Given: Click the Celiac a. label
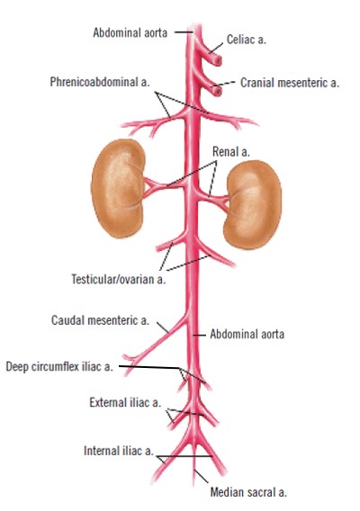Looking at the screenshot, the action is [247, 40].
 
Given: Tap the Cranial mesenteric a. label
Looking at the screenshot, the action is [290, 83].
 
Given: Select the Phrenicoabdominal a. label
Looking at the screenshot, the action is [100, 82].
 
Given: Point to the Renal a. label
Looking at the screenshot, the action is [231, 151].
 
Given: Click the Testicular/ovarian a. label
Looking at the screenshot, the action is [119, 279].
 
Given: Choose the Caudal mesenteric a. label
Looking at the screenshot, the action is [100, 320].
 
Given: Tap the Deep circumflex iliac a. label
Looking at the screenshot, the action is [59, 367].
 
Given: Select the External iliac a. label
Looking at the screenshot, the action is [125, 402].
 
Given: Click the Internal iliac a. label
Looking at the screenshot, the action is [119, 451].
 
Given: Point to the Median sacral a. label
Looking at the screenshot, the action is [248, 492].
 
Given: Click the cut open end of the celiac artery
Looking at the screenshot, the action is [218, 60].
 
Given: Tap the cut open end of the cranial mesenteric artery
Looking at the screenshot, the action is [218, 91].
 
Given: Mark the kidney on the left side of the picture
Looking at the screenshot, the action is [118, 188].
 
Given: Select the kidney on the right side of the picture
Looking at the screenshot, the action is [253, 204].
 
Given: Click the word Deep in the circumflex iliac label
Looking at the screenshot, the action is [16, 367].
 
